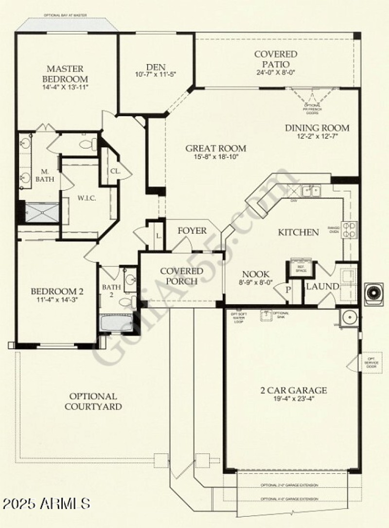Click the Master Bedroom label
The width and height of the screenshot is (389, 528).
pos(65,74)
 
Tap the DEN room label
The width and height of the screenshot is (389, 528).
pos(156,68)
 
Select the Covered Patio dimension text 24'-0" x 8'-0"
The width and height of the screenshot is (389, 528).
pos(275,72)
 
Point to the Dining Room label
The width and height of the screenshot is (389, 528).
pos(317,128)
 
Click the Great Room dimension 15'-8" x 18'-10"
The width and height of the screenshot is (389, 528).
pos(215,157)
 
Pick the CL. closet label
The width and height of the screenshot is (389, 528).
pos(115,171)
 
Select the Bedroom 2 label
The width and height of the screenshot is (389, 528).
pos(57,292)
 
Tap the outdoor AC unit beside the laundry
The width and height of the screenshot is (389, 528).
pos(374,293)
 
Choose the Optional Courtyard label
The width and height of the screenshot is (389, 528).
pos(93,401)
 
